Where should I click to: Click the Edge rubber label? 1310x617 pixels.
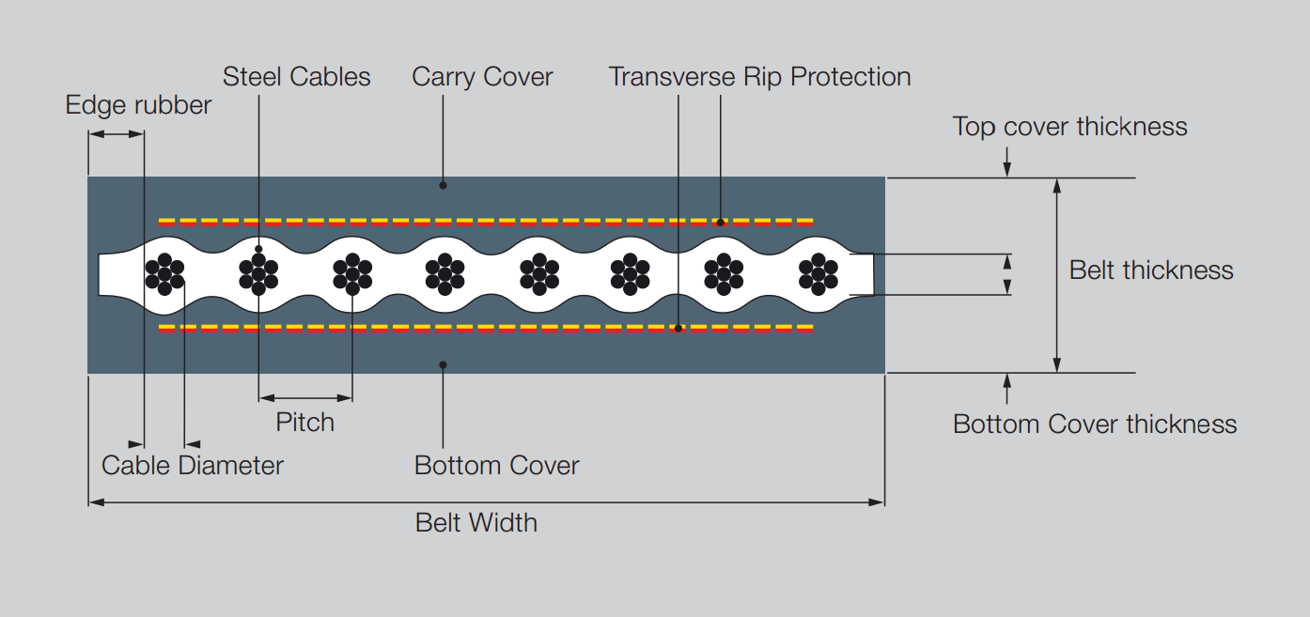[138, 104]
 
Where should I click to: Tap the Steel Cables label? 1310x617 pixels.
[296, 76]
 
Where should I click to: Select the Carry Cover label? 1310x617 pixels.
[482, 76]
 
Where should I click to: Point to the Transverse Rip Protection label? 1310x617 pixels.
[759, 76]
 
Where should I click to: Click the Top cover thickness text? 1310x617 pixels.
[1069, 126]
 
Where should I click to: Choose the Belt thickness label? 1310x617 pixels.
[1150, 270]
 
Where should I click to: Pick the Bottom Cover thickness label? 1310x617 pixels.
[1094, 424]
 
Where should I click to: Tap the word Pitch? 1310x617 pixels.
[304, 422]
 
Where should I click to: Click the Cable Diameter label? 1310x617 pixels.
[192, 465]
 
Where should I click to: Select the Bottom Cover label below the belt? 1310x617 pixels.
[496, 465]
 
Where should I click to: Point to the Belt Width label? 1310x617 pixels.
[476, 522]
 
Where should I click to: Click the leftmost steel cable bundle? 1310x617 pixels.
[164, 274]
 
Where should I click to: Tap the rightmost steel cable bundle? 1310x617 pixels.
[818, 274]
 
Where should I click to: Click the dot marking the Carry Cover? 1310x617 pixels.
[443, 185]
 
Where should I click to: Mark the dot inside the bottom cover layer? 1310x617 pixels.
[443, 364]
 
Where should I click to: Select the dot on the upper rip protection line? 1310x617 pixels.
[721, 223]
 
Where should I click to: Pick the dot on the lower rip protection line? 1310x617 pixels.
[678, 329]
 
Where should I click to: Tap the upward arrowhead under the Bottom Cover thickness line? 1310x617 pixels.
[1007, 379]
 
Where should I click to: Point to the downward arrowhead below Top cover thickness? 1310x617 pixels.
[1007, 171]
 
